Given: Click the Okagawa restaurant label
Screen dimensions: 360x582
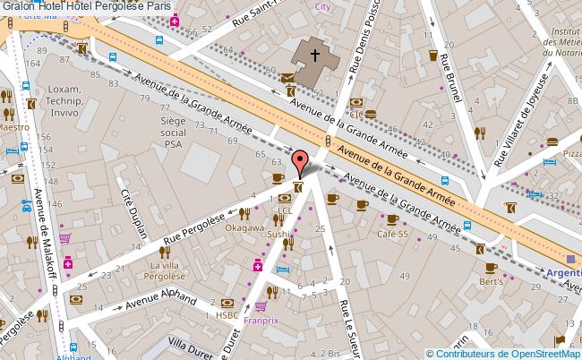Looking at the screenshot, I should tap(244, 227).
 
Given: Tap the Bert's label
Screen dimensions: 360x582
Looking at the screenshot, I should tap(491, 281).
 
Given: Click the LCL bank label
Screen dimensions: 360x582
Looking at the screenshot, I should tap(285, 210).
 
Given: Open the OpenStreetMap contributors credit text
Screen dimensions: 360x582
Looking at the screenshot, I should tap(505, 352).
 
